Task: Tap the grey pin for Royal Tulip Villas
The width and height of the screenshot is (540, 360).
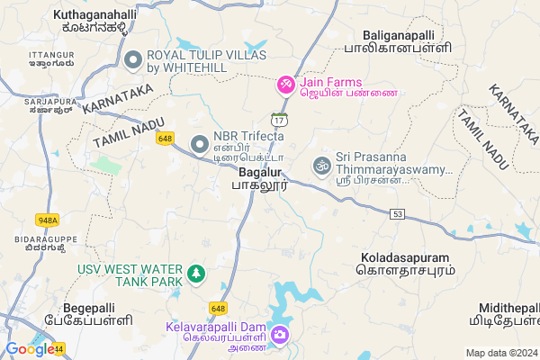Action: (134, 61)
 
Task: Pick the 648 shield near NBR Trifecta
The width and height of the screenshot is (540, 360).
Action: (164, 138)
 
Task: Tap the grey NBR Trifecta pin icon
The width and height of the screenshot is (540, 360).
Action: (200, 143)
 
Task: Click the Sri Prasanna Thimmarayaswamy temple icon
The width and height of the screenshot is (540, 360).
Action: (320, 165)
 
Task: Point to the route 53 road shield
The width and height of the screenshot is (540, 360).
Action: (399, 213)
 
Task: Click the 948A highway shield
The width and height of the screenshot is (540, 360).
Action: (48, 219)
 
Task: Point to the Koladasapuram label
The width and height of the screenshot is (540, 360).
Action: (404, 262)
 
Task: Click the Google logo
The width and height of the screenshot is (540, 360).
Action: (30, 348)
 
